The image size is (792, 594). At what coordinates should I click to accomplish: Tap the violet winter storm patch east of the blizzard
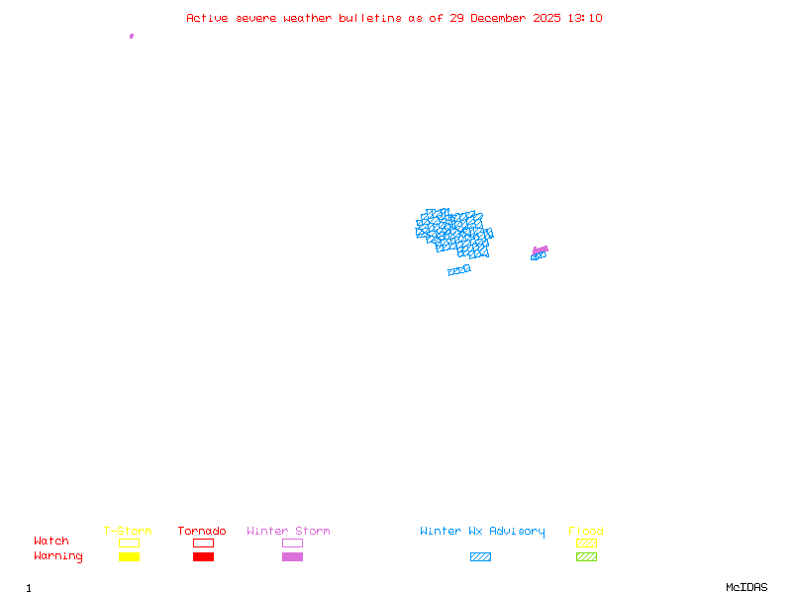(x=541, y=249)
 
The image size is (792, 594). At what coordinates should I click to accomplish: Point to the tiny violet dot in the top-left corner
(x=132, y=36)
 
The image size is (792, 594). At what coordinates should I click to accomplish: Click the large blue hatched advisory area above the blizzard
(x=452, y=230)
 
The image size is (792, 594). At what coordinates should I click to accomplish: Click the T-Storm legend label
(x=128, y=532)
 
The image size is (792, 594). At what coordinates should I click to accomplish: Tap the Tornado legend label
(x=202, y=532)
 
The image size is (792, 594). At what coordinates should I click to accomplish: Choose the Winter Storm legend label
(x=288, y=532)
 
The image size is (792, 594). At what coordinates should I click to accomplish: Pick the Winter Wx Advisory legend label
(x=482, y=532)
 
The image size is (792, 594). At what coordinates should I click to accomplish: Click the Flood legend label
(x=586, y=532)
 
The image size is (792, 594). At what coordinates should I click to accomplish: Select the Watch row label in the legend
(x=51, y=542)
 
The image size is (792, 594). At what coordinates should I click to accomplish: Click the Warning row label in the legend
(x=58, y=556)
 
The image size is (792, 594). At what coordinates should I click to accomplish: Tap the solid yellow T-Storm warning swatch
(x=129, y=557)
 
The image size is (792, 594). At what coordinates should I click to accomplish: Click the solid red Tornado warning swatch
(x=203, y=557)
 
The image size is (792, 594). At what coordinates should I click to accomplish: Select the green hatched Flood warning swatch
(x=586, y=557)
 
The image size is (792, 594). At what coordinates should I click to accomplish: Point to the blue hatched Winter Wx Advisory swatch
(x=480, y=557)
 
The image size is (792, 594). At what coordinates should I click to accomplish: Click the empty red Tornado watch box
(x=203, y=543)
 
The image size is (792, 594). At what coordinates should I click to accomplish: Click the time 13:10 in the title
(x=585, y=18)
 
